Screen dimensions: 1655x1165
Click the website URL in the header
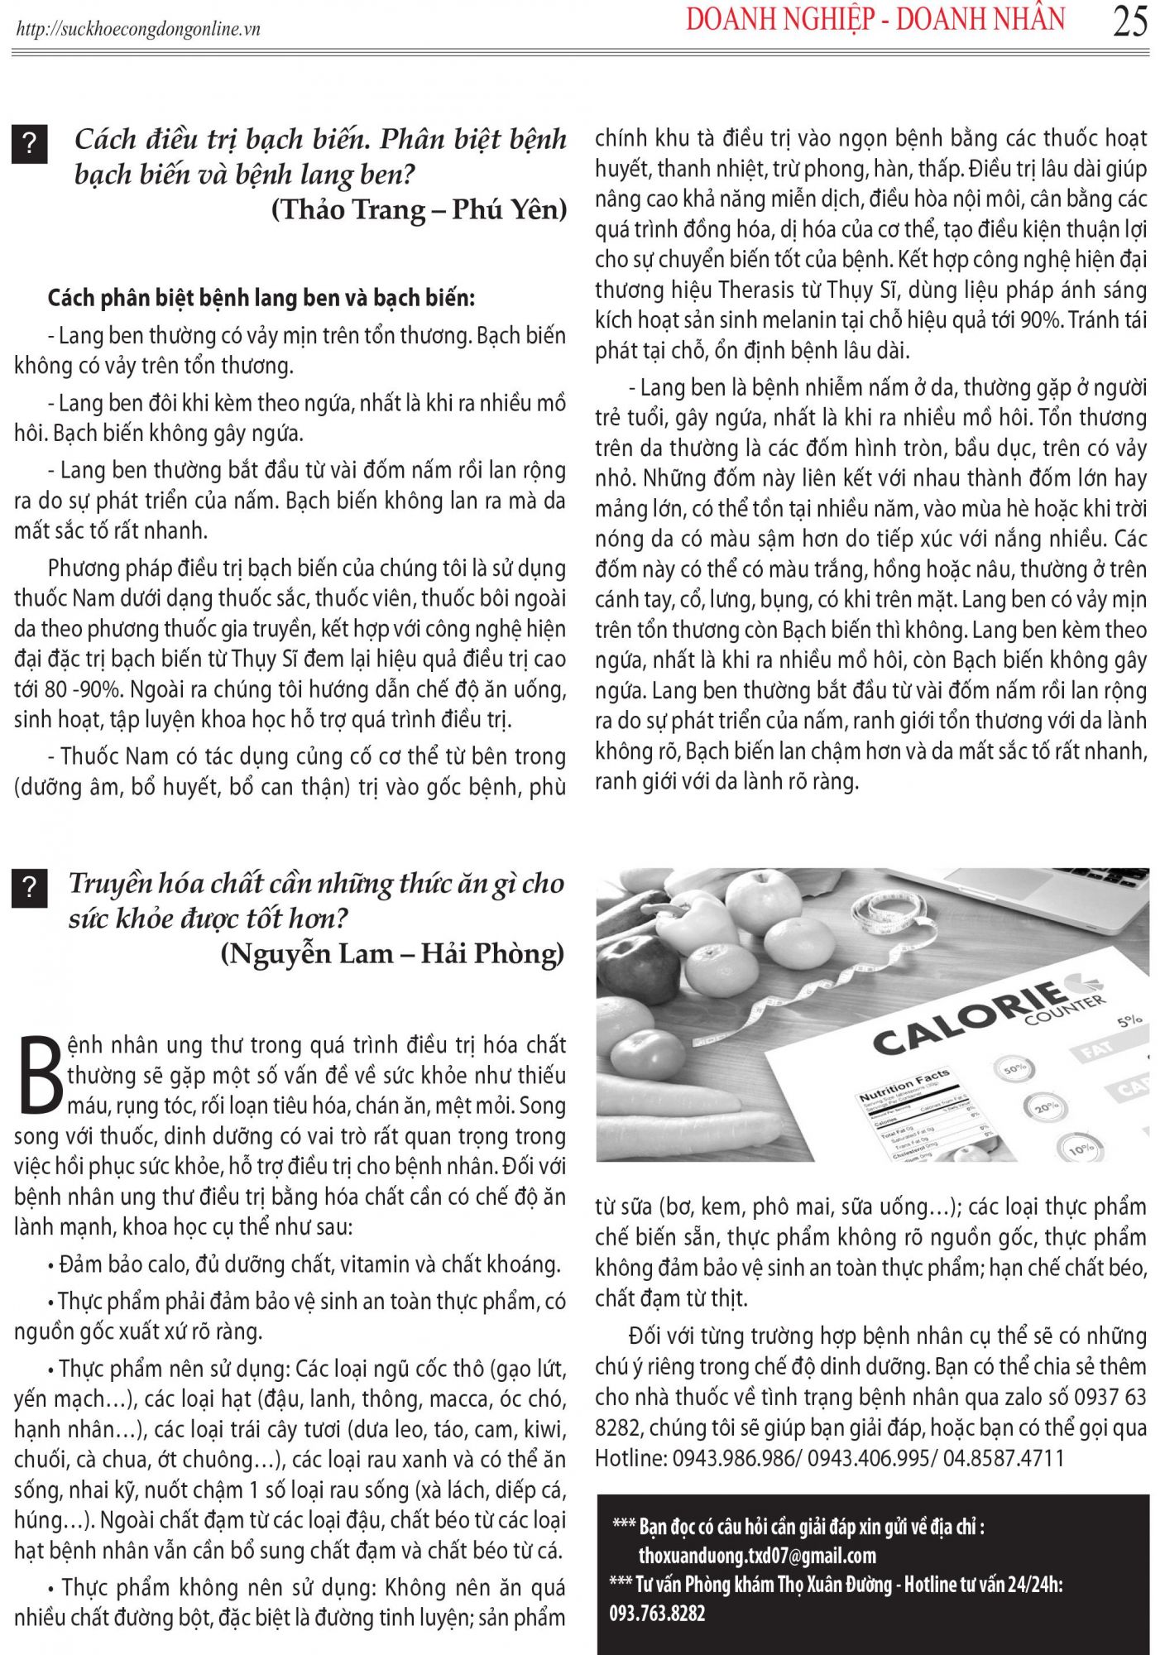pos(138,30)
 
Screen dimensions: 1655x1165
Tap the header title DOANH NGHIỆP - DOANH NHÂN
pos(875,20)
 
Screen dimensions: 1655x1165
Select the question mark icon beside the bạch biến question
pos(29,144)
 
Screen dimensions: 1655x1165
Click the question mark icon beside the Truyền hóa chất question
pos(29,888)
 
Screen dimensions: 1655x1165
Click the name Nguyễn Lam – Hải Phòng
pos(392,954)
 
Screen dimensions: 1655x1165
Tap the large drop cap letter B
pos(39,1074)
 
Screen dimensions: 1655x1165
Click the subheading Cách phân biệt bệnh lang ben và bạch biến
pos(261,298)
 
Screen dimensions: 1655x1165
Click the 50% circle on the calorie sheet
pos(1014,1068)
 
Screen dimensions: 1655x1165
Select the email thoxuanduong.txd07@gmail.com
pos(756,1556)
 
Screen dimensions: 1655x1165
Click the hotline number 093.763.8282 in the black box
pos(657,1613)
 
